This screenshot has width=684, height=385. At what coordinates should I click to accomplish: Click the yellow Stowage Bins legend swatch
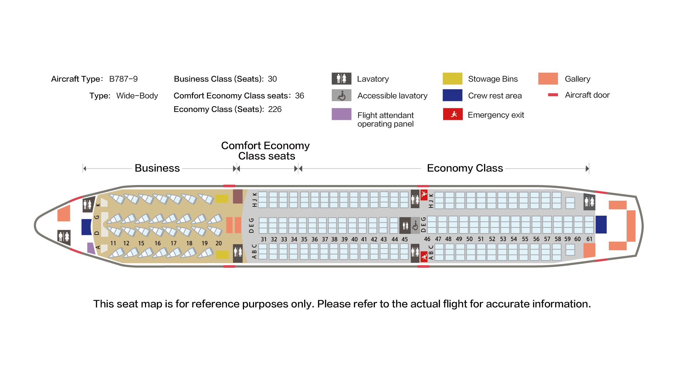tap(452, 79)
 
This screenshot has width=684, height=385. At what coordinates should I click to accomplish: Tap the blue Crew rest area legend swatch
tap(452, 95)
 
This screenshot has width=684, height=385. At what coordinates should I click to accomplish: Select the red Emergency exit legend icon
tap(452, 114)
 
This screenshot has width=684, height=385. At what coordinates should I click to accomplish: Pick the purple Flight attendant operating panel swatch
tap(341, 114)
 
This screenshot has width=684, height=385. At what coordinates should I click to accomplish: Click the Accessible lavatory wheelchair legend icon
tap(341, 96)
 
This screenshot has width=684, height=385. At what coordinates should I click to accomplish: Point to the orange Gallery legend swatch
tap(548, 79)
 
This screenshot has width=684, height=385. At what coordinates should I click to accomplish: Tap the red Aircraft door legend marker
tap(553, 95)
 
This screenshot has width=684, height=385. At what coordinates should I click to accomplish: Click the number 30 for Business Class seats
tap(272, 79)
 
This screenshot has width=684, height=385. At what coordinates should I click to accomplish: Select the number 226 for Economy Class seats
tap(275, 109)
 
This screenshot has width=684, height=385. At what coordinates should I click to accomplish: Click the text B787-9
tap(123, 79)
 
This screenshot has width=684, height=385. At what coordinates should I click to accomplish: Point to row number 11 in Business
tap(113, 243)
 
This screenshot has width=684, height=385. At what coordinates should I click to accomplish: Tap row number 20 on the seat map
tap(218, 243)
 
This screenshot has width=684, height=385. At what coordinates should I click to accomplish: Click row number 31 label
tap(264, 240)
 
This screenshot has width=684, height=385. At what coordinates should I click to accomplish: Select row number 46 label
tap(427, 239)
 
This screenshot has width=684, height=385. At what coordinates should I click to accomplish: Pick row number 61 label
tap(589, 239)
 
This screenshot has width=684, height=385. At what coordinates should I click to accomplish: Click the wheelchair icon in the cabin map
tap(415, 226)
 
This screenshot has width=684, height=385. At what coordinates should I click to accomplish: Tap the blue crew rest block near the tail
tap(601, 225)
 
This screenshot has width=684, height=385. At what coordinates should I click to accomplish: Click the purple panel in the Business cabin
tap(91, 248)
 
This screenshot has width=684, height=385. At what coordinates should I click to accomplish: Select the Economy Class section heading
tap(465, 168)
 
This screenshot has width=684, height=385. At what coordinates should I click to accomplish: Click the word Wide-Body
tap(137, 96)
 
